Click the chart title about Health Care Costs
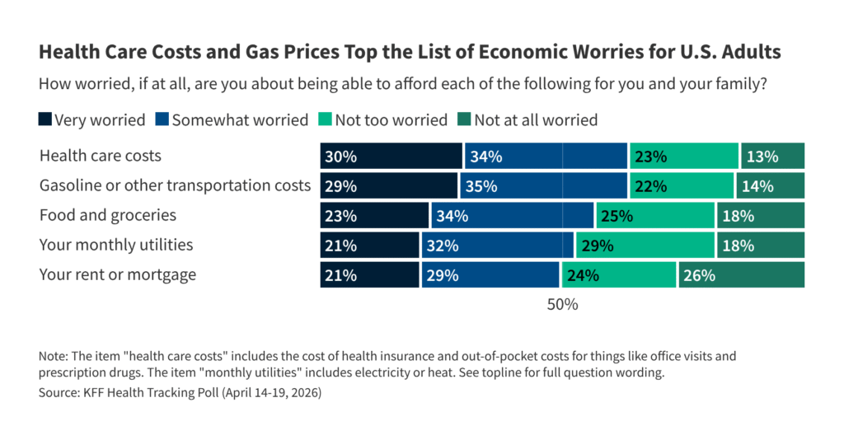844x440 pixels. [410, 53]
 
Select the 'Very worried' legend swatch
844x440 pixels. [45, 120]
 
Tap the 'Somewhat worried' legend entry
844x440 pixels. [231, 120]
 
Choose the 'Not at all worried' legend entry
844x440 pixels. [527, 120]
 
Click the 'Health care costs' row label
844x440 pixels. [101, 156]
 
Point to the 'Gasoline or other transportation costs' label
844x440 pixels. [175, 185]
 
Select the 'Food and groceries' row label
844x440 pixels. [108, 215]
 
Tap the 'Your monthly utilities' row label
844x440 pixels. [116, 245]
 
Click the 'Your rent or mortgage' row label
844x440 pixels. [118, 274]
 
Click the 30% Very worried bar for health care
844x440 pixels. [391, 156]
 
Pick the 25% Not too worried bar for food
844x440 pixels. [654, 215]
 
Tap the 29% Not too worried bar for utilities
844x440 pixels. [645, 245]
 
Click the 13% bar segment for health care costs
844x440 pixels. [772, 156]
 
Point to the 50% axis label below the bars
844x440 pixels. [562, 304]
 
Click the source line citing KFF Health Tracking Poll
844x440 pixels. [180, 393]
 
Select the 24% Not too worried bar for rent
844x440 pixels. [618, 274]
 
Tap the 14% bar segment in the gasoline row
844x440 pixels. [770, 185]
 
